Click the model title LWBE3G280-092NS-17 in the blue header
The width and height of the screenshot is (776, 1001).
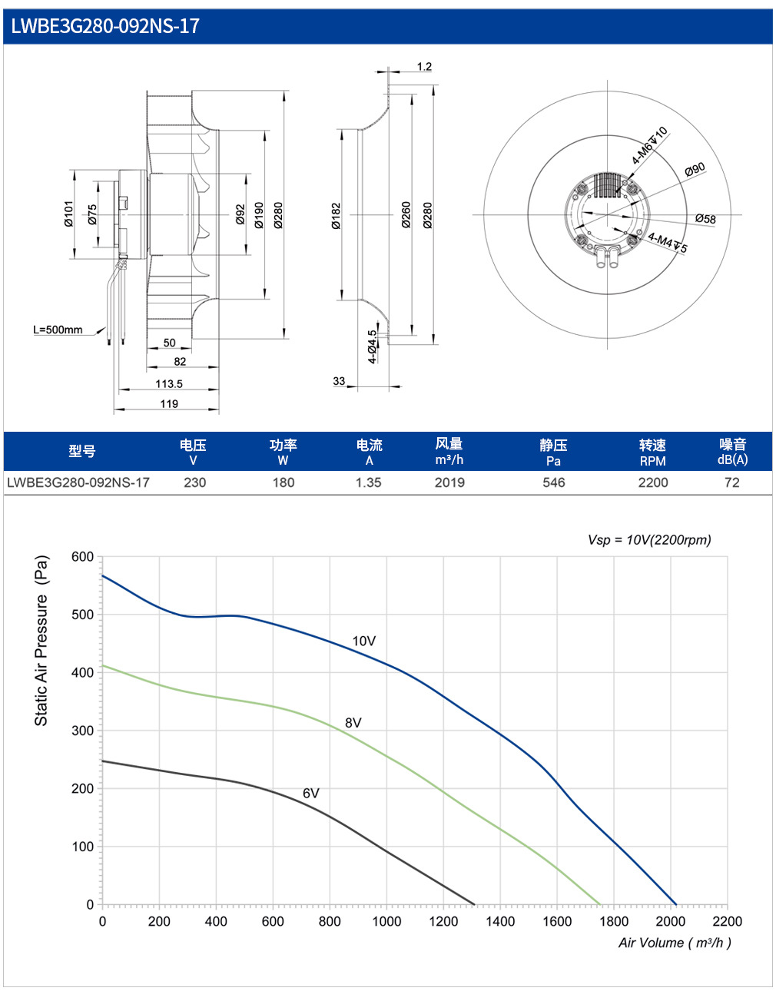pos(105,26)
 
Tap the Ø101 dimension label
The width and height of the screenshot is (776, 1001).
pos(68,214)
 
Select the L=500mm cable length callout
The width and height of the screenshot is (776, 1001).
pos(58,330)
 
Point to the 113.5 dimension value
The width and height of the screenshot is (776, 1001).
pos(169,383)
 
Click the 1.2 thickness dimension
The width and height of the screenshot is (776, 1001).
pos(424,67)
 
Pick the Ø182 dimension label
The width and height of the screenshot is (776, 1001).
pos(337,216)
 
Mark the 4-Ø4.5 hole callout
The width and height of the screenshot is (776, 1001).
pos(373,347)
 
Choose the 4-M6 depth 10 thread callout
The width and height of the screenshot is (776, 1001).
pos(650,145)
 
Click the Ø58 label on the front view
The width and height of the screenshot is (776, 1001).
pos(705,218)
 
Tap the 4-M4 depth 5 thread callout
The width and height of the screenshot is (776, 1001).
pos(668,243)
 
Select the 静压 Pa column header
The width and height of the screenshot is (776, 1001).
pos(553,452)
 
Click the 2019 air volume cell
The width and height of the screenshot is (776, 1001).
pos(449,482)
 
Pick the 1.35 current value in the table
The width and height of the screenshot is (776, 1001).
pos(369,482)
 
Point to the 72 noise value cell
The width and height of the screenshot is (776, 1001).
pos(731,482)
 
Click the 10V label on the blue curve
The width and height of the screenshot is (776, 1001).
pos(364,641)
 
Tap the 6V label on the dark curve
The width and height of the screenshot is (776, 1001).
pos(311,793)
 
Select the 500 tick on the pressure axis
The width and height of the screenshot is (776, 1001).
pos(82,615)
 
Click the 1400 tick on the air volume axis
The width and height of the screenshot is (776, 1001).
pos(500,921)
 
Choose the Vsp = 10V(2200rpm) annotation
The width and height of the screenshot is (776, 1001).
pos(649,539)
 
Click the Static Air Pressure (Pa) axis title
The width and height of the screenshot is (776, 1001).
pos(41,641)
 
